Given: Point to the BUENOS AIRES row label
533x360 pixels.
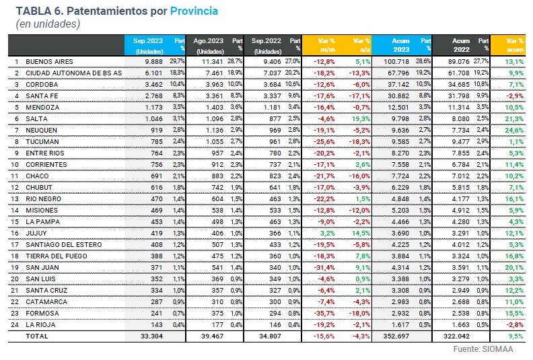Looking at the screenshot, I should point(49,61).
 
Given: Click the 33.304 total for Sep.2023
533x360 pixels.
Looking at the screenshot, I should point(152,335).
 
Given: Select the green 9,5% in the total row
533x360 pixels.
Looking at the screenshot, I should point(517,335).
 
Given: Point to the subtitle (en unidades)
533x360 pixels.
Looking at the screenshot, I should point(47,24).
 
